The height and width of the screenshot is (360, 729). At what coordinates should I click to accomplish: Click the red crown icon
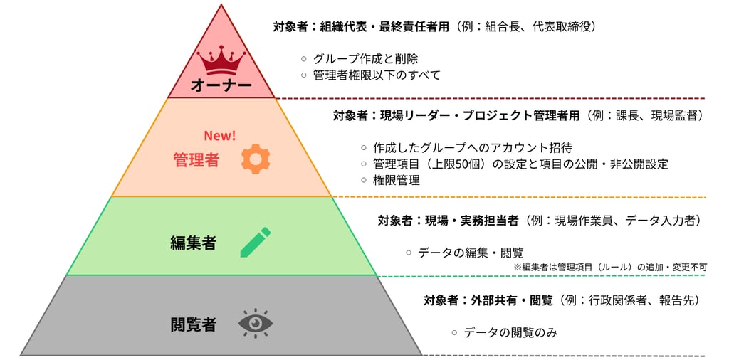221,60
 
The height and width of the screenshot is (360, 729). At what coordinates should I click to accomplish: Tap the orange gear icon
256,159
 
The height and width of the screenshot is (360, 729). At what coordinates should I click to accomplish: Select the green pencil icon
256,242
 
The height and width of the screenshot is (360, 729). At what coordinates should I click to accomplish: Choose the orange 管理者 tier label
196,160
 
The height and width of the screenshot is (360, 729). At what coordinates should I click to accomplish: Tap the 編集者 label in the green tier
194,243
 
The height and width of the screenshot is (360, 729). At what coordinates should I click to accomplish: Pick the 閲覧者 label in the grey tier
194,324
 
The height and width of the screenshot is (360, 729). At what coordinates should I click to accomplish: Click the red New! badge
221,136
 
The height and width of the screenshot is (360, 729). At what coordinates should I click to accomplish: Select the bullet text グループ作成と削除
365,59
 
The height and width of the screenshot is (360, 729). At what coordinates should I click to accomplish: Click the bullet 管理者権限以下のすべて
377,75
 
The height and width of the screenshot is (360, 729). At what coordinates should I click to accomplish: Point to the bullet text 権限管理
396,180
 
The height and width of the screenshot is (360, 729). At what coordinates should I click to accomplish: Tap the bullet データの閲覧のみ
510,332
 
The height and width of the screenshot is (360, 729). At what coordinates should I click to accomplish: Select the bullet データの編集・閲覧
471,253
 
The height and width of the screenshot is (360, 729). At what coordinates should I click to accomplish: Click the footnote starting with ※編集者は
610,267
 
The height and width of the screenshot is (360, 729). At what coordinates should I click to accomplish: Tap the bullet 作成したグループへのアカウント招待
473,148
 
